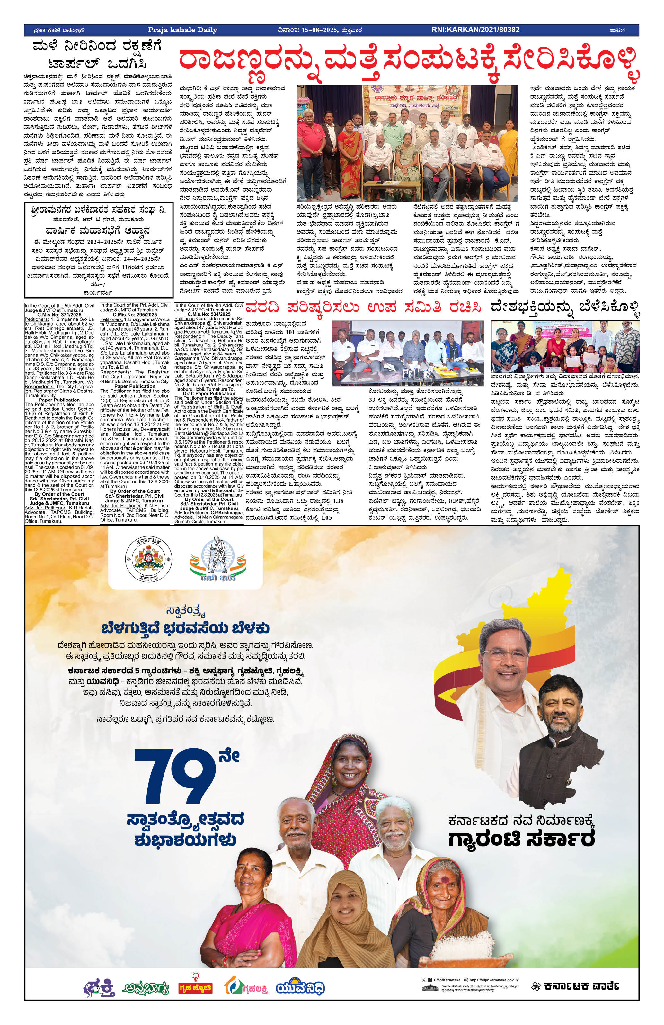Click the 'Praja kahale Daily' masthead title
[x=182, y=30]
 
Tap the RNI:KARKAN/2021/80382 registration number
[x=475, y=30]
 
